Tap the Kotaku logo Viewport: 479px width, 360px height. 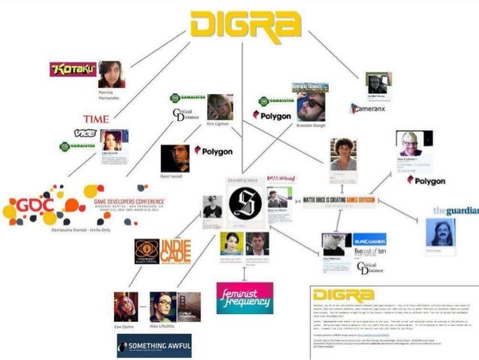pyautogui.click(x=72, y=69)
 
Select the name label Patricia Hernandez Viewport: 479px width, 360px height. pyautogui.click(x=110, y=95)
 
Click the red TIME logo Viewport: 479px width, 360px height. pyautogui.click(x=95, y=119)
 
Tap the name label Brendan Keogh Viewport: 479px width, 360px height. pyautogui.click(x=310, y=125)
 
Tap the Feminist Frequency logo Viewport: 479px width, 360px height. pyautogui.click(x=244, y=298)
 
